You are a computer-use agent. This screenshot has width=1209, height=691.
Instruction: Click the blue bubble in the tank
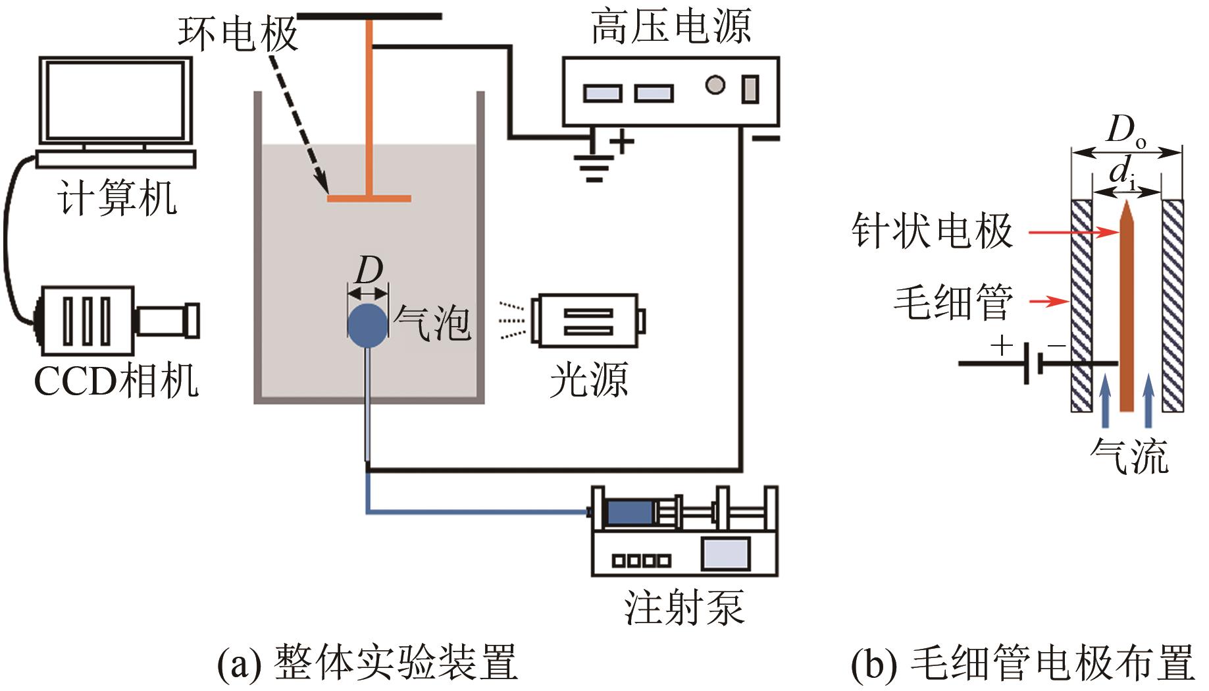click(367, 325)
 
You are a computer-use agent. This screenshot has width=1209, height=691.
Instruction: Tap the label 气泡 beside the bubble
click(432, 323)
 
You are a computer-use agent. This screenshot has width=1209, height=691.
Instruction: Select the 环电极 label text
click(238, 33)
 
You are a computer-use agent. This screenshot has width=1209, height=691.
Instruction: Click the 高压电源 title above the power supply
click(671, 28)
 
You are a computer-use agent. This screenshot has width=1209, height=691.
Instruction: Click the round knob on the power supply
click(715, 86)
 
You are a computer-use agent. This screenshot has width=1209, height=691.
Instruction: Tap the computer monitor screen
click(116, 101)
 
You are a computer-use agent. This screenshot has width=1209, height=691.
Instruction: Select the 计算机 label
click(117, 198)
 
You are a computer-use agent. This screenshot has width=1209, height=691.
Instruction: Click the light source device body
click(586, 321)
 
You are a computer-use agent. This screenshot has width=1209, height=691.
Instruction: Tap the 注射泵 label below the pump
click(684, 607)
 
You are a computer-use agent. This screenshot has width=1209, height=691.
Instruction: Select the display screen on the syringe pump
click(725, 554)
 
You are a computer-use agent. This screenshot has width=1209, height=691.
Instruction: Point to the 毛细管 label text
click(952, 302)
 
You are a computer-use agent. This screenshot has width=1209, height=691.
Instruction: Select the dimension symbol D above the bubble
click(368, 270)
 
